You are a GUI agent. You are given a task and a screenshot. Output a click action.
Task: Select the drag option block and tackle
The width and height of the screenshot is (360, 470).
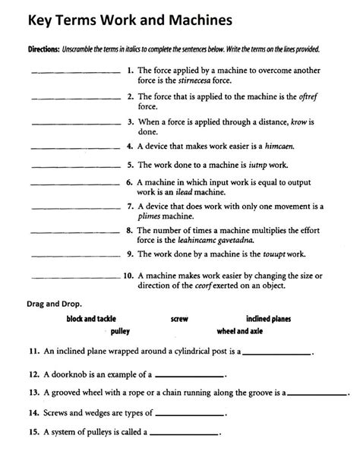point(96,319)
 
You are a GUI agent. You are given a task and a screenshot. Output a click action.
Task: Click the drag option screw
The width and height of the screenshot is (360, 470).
point(179,319)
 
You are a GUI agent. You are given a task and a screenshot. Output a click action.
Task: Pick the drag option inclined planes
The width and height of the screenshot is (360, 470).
point(268,319)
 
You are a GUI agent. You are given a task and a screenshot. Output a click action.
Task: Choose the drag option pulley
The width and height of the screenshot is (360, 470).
point(121,332)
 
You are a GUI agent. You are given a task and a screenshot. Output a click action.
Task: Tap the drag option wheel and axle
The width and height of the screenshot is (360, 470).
point(240,332)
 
